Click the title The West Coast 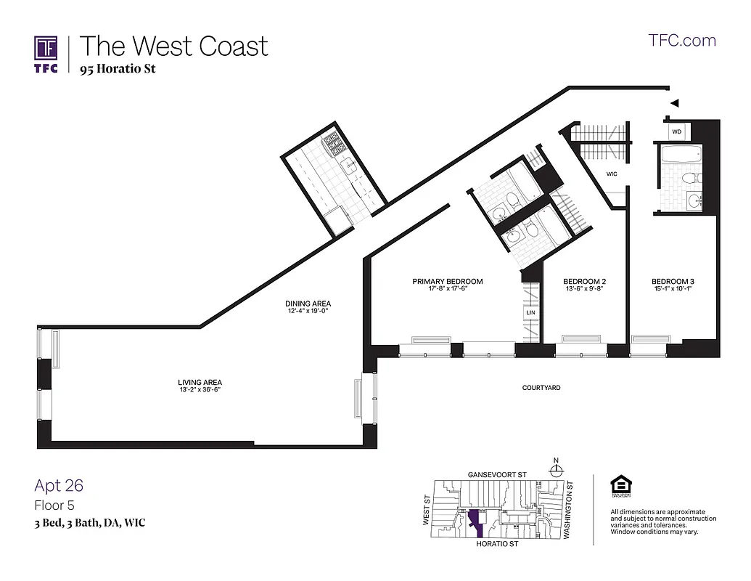point(173,46)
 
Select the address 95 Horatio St point(117,70)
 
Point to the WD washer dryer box point(676,131)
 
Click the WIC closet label point(612,174)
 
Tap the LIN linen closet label point(530,312)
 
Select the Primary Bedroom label point(447,282)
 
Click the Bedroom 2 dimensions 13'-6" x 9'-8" point(584,290)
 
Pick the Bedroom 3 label point(673,282)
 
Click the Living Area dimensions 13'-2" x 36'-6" point(200,390)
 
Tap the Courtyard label point(541,388)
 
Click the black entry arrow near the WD point(673,104)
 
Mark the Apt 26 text point(58,485)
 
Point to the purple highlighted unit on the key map point(476,522)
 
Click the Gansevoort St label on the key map point(496,474)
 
